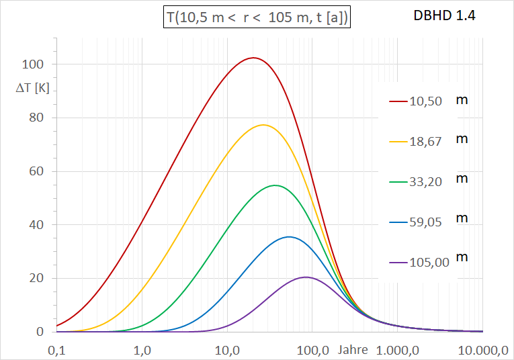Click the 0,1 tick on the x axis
pos(57,349)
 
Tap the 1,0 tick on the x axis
pos(142,349)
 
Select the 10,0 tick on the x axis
pos(228,349)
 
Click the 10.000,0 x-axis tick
pos(482,349)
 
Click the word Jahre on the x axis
pos(353,349)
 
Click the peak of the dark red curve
pos(253,58)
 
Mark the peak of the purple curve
pos(306,277)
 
